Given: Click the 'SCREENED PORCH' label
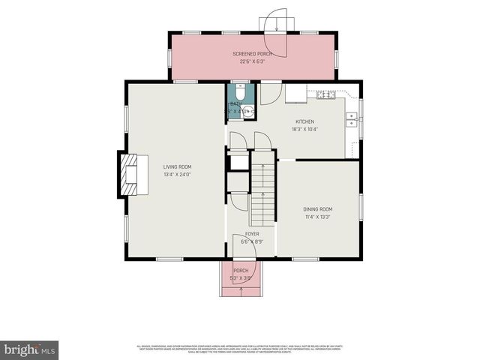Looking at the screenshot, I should (x=252, y=55).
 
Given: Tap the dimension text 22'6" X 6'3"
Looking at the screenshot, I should (x=252, y=61).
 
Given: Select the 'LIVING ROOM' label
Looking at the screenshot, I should (x=177, y=166).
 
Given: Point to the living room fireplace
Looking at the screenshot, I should (x=127, y=174).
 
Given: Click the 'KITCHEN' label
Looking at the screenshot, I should (x=304, y=121).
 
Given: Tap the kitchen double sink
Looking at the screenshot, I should (x=350, y=118).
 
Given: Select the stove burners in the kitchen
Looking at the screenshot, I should (x=325, y=94).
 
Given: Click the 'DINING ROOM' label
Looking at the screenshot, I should (x=317, y=209).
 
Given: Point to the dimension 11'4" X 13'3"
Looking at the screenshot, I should (x=317, y=217).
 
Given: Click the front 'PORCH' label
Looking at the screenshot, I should (x=241, y=271).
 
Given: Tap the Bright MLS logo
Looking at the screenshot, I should (x=30, y=349).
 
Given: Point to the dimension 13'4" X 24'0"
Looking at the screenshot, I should (x=177, y=174).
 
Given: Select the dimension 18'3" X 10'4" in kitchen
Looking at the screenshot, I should (x=306, y=129).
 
